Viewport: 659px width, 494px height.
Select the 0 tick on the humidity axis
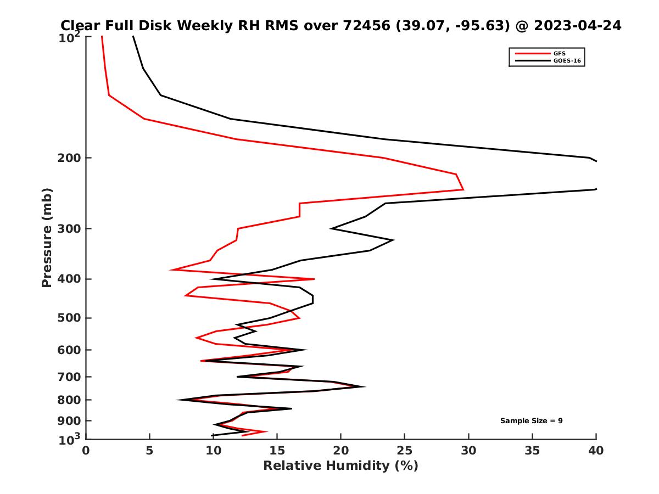click(86, 451)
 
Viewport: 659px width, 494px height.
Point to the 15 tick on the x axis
click(277, 451)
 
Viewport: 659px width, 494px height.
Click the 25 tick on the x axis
click(405, 451)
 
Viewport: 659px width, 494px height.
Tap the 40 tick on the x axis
click(596, 451)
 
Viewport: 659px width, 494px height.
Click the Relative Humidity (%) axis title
click(340, 466)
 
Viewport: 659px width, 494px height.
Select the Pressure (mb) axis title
click(47, 237)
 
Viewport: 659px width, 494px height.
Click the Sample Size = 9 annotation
click(531, 421)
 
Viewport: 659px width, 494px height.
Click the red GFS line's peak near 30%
click(463, 189)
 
